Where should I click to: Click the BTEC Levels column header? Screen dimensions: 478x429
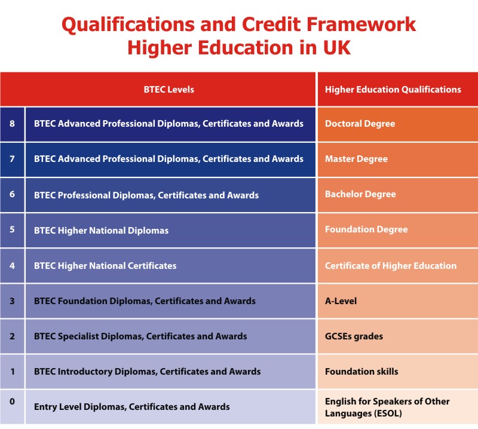[x=168, y=90]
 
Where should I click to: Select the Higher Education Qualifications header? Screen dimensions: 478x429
[x=393, y=90]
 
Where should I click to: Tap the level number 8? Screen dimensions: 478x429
[x=12, y=124]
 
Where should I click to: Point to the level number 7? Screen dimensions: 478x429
[x=12, y=158]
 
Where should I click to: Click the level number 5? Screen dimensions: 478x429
[x=12, y=229]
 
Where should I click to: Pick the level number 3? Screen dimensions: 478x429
[x=12, y=301]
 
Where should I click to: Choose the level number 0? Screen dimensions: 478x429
[x=12, y=402]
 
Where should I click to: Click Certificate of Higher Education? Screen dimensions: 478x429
[x=391, y=266]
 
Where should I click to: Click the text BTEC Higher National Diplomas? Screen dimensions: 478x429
[x=101, y=231]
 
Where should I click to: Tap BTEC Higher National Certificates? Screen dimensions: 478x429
[x=105, y=266]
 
